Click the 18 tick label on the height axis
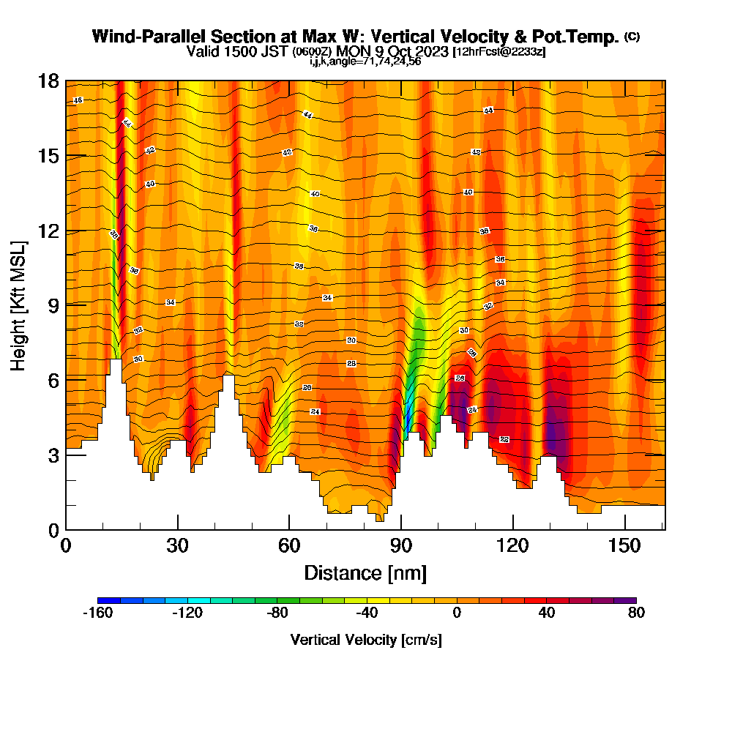[48, 81]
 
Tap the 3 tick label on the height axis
[53, 455]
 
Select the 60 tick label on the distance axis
[289, 546]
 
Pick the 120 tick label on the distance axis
[513, 546]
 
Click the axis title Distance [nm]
[365, 572]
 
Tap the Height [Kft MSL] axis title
[18, 305]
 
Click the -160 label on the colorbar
[97, 614]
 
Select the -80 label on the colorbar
[277, 614]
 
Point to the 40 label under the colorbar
[546, 614]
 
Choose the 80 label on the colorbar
[636, 614]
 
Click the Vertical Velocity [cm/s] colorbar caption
[366, 640]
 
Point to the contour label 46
[78, 100]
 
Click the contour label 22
[504, 439]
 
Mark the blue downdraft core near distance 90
[407, 421]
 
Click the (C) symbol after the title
[632, 37]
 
